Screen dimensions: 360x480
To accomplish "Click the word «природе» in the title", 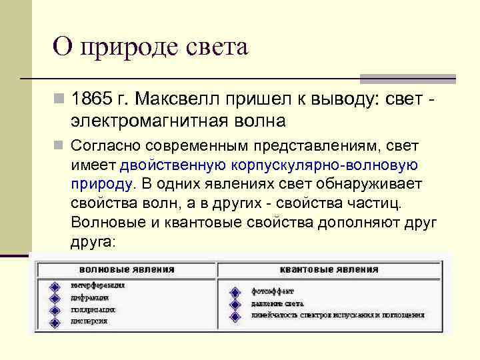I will click(x=137, y=48).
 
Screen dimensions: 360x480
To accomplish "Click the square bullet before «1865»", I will click(x=59, y=99).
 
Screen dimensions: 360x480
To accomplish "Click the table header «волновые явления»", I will click(x=127, y=269).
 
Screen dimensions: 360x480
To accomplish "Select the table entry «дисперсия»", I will click(x=89, y=321).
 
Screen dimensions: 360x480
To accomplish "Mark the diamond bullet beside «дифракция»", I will click(x=54, y=298).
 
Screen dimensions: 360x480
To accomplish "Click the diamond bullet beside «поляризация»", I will click(x=54, y=310).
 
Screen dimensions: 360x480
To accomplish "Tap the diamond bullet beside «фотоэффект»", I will click(x=234, y=291).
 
